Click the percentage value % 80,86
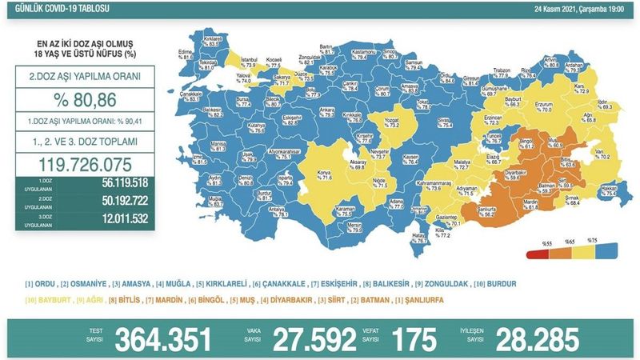(x=80, y=104)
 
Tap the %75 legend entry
(x=594, y=242)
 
